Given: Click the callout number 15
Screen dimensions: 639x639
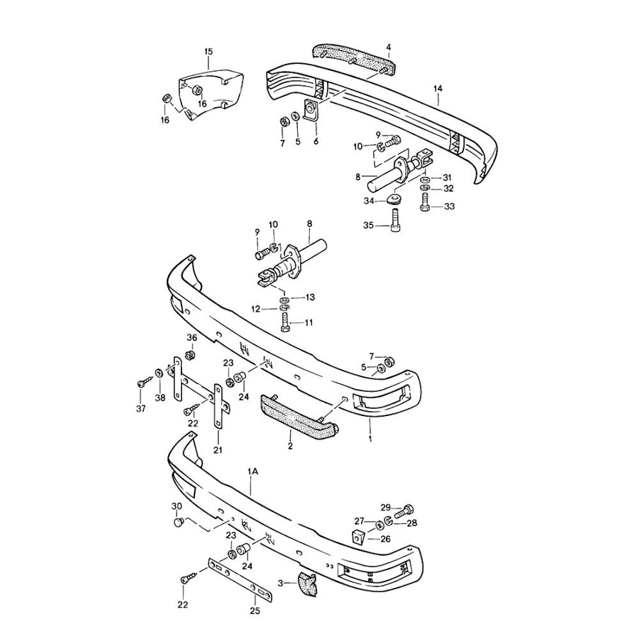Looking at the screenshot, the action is [x=208, y=52].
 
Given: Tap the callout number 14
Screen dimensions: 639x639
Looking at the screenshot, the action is [x=438, y=88].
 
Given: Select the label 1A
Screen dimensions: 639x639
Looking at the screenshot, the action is [x=252, y=472].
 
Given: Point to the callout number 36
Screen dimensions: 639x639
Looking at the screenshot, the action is [x=192, y=337].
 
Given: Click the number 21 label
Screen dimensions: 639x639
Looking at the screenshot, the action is [x=218, y=450].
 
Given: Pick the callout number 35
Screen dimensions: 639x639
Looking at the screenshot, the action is [x=369, y=225].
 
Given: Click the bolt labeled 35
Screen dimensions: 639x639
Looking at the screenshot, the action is [x=395, y=220].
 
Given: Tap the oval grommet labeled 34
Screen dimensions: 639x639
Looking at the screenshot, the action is [x=394, y=199].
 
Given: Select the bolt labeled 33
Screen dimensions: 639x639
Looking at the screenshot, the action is [x=425, y=202].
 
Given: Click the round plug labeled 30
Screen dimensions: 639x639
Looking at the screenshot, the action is [x=178, y=523].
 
